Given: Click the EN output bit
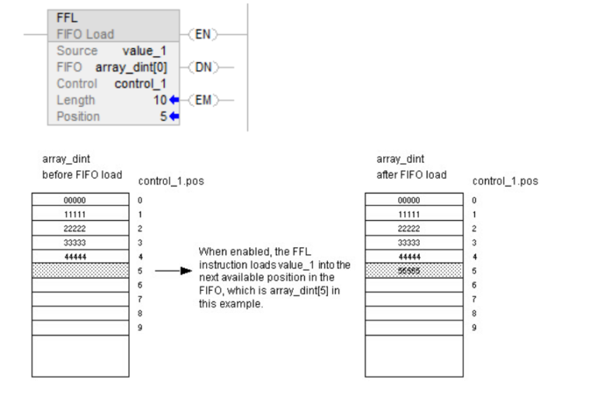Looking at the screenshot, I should [x=204, y=34].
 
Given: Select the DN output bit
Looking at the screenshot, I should [x=204, y=67].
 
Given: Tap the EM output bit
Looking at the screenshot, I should [x=204, y=100].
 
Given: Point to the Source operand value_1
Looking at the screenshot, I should [x=145, y=51].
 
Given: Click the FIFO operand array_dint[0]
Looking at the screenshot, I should [x=131, y=67].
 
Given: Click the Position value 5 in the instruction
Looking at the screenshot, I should [x=163, y=117].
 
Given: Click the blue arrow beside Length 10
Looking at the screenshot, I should [x=174, y=100].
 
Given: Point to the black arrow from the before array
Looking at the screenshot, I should [x=173, y=272].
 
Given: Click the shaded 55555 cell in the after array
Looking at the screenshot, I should [x=414, y=271].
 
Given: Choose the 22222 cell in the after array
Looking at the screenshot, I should [x=414, y=229].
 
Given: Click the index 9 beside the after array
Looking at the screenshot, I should [x=474, y=328].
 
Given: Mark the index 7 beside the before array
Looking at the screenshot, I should [x=140, y=300].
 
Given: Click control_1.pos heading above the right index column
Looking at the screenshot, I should [x=504, y=181].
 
